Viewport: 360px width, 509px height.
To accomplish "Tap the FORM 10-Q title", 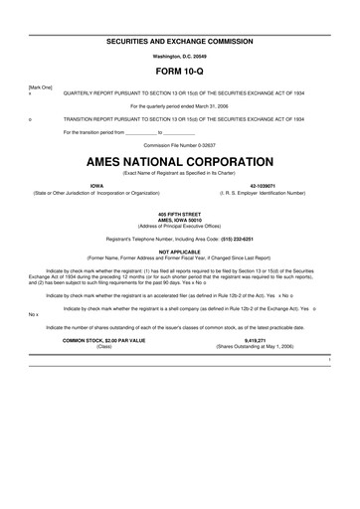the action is [x=180, y=73].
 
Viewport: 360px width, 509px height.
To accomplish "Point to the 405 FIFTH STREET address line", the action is [x=180, y=214].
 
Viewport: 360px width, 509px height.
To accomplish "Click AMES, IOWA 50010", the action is [x=180, y=220].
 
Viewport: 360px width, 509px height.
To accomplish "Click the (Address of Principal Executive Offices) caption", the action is [x=180, y=226].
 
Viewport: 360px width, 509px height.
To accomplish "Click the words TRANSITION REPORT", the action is [x=88, y=117].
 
